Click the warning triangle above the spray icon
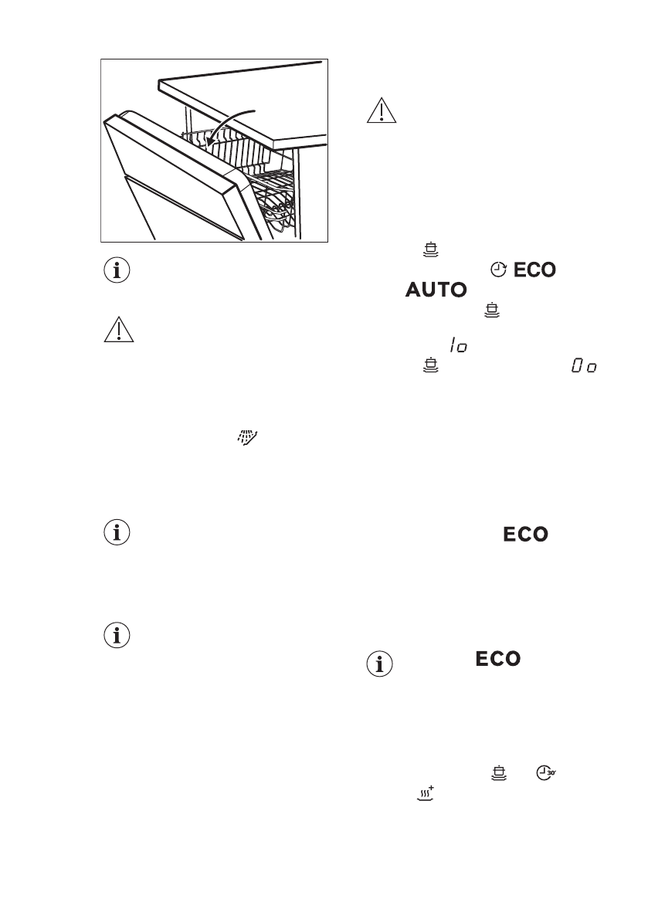coord(117,331)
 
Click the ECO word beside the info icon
coord(497,659)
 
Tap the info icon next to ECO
coord(379,664)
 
